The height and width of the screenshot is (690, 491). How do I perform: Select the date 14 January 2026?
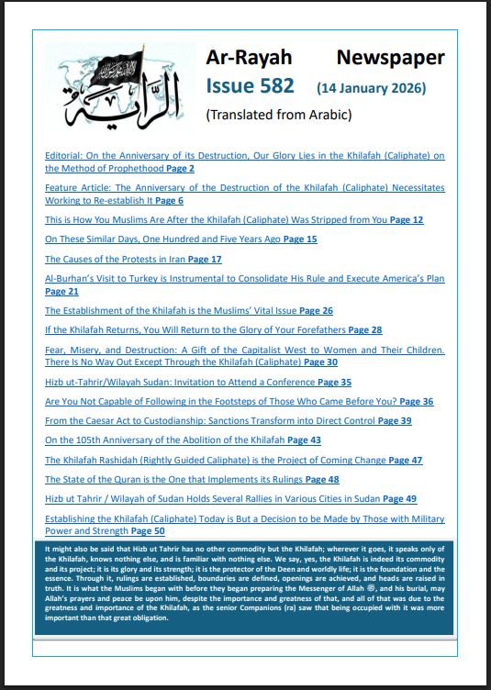point(371,89)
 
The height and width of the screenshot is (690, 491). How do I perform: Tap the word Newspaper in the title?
point(390,58)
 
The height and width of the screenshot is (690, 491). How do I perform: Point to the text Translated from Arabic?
point(266,115)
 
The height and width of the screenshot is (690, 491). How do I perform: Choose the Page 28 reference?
point(364,329)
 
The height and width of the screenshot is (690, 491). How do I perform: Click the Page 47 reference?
point(405,460)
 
